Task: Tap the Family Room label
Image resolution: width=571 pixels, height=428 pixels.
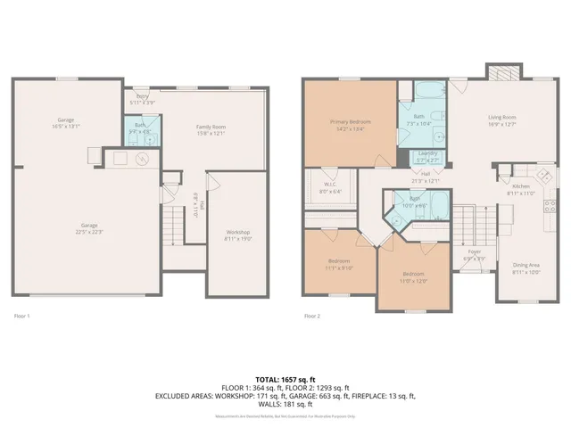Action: tap(211, 127)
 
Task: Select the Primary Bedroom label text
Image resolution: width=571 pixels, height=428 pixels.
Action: tap(349, 121)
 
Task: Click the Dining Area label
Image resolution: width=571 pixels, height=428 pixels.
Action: tap(525, 265)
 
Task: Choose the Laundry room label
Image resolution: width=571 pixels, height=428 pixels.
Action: tap(427, 153)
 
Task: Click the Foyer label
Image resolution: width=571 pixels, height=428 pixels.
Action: tap(475, 251)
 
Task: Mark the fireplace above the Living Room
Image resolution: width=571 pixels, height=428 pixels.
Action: tap(500, 71)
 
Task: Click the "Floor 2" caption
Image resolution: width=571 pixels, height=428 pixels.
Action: tap(311, 316)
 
